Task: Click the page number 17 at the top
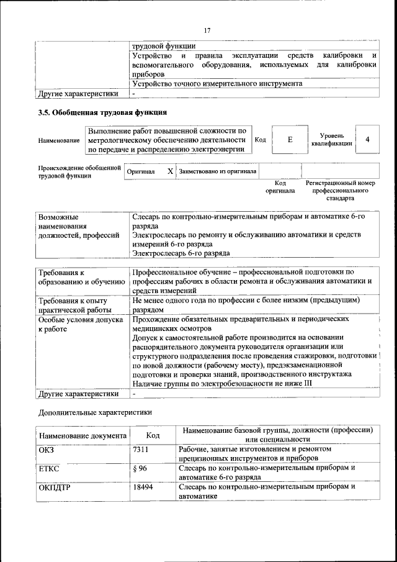click(207, 30)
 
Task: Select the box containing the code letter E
click(290, 140)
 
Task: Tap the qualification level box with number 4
click(368, 140)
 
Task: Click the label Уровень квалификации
click(332, 140)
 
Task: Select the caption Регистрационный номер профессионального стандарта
click(341, 191)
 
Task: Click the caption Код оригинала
click(280, 187)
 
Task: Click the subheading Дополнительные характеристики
click(94, 412)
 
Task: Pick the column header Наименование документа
click(83, 435)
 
